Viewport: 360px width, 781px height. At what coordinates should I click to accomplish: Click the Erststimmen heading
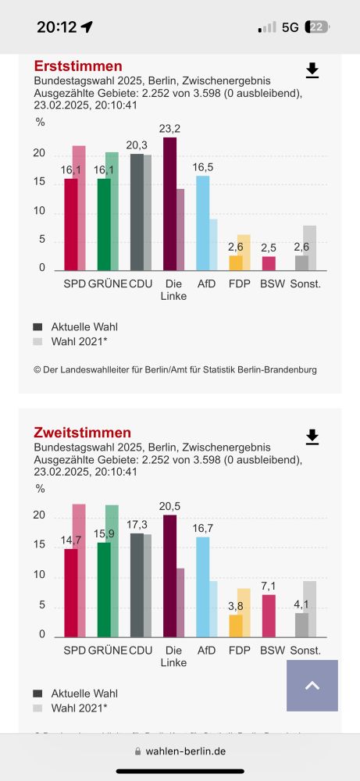point(78,66)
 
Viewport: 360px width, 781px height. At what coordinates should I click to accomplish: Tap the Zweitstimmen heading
point(82,432)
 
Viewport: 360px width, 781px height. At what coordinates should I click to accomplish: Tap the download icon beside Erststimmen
point(312,71)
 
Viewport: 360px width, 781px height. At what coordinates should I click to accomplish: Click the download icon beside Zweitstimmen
point(312,437)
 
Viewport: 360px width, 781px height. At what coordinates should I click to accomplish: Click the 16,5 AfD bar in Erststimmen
point(202,223)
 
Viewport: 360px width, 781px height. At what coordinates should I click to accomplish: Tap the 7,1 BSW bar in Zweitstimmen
point(269,616)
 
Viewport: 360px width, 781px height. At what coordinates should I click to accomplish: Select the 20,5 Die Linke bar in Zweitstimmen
point(169,576)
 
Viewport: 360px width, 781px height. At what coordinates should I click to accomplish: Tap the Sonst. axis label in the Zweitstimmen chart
point(305,650)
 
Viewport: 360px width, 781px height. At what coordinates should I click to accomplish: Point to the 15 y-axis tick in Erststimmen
point(39,183)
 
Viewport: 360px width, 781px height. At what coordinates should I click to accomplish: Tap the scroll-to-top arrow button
point(312,686)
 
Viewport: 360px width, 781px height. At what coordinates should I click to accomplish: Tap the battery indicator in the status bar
point(317,27)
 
